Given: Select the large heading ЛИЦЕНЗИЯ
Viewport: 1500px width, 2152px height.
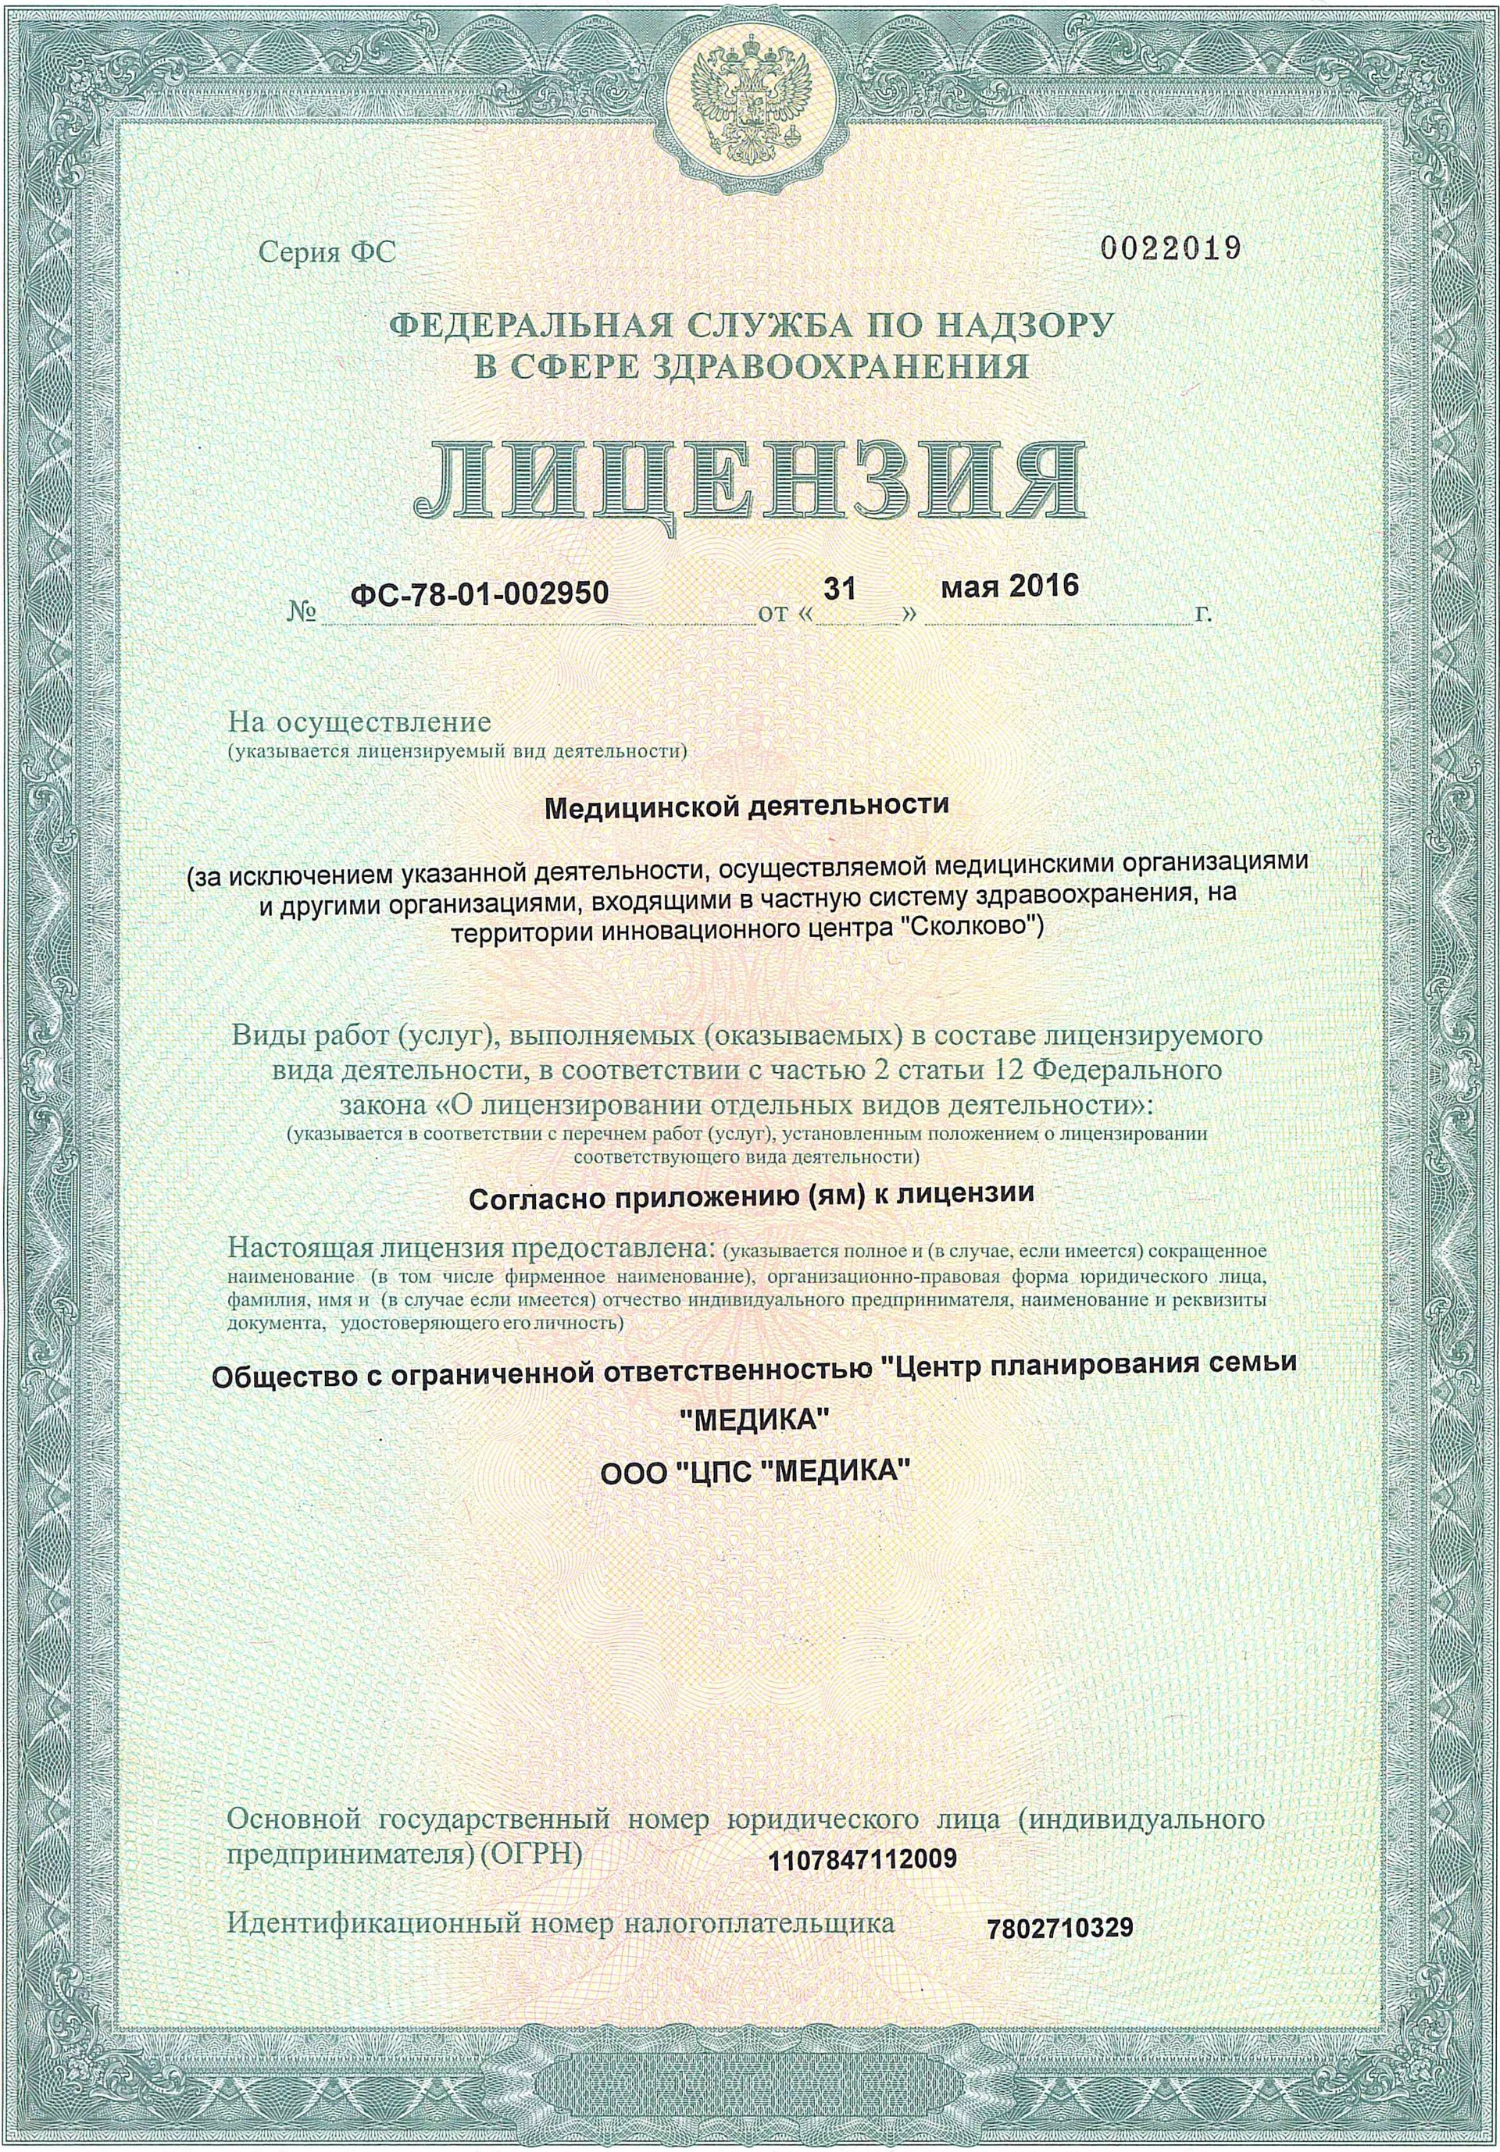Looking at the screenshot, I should click(x=750, y=483).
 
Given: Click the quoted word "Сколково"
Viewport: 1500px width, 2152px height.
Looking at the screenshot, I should click(x=964, y=930).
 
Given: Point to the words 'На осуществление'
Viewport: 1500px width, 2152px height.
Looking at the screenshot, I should click(x=360, y=724).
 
